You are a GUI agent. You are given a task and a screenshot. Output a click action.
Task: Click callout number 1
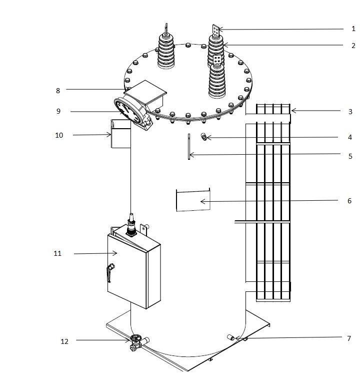tap(353, 29)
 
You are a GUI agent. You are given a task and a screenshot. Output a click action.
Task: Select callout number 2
tap(353, 45)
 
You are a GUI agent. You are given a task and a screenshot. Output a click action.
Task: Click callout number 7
tap(348, 338)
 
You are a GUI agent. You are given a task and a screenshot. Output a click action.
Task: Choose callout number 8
tap(58, 91)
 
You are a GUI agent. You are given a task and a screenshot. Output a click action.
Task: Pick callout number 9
tap(58, 111)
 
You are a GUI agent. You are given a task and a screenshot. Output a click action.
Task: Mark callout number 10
tap(59, 135)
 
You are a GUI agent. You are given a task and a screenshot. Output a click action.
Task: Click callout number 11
tap(57, 254)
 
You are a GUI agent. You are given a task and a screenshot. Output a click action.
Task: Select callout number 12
tap(64, 341)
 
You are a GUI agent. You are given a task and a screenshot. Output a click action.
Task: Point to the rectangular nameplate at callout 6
tap(192, 200)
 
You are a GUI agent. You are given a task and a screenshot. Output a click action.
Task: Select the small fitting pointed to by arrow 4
tap(204, 137)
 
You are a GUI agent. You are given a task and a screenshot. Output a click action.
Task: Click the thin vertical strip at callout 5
tap(189, 147)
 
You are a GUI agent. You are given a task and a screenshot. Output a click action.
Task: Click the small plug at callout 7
tap(231, 338)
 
